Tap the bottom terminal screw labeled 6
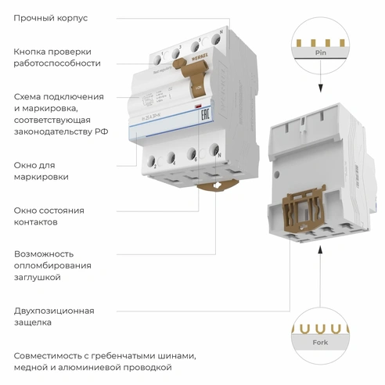192,153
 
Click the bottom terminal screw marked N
212,149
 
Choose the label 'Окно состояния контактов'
49,216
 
